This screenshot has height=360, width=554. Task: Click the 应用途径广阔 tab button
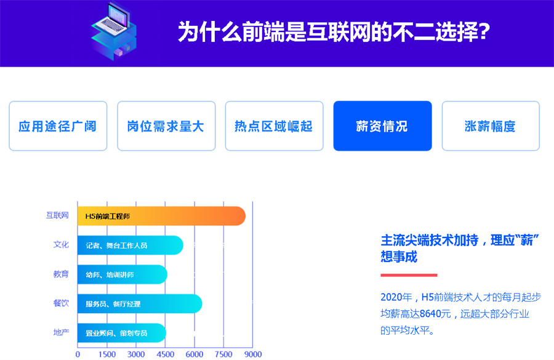(58, 126)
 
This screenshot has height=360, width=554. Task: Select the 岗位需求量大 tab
(166, 126)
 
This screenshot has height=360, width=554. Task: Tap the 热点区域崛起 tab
(274, 126)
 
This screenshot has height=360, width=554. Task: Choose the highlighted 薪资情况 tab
(382, 126)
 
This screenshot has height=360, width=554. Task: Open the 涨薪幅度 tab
(491, 126)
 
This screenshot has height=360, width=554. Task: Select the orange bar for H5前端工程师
(161, 217)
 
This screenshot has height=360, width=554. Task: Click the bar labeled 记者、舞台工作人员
(130, 246)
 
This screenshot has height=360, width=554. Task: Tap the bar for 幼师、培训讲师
(122, 274)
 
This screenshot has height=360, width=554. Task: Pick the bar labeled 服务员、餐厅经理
(139, 304)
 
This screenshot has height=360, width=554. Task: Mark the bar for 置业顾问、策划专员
(121, 333)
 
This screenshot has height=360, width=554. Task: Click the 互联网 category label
(57, 216)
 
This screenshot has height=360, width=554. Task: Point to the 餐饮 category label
(61, 303)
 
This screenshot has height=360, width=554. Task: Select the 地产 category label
(61, 332)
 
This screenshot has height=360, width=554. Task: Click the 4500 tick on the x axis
(165, 354)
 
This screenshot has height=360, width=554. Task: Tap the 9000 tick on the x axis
(252, 354)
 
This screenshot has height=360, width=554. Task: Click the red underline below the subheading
(409, 275)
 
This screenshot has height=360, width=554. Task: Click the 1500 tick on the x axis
(106, 354)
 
